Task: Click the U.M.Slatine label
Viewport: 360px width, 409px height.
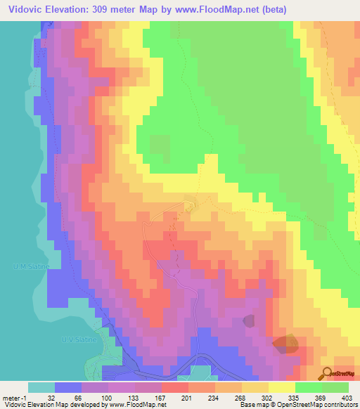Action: (28, 266)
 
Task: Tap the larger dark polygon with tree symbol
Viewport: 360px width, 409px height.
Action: (285, 344)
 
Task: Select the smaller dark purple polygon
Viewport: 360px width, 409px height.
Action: (250, 321)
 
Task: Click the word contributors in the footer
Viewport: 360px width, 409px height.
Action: (337, 405)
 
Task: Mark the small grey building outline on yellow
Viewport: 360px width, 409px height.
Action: (188, 205)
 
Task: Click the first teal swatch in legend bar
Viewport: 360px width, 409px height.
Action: (41, 387)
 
